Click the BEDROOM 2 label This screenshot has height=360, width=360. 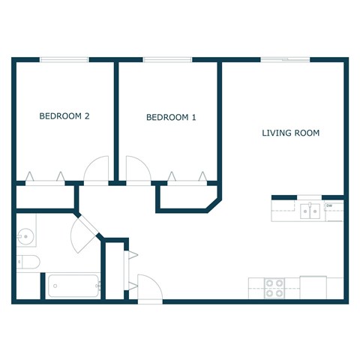click(64, 116)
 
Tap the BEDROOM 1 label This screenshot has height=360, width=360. click(171, 117)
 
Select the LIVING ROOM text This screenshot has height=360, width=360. click(290, 133)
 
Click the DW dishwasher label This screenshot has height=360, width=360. click(328, 204)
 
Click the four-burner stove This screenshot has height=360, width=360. click(274, 288)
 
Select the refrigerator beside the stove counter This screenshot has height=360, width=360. click(313, 287)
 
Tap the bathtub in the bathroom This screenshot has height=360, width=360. click(73, 286)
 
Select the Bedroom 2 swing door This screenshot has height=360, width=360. click(96, 169)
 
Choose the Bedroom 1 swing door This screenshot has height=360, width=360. click(138, 169)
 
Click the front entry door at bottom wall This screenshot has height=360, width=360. click(148, 288)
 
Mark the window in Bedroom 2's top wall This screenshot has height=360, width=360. click(64, 60)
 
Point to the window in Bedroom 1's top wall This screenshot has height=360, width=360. click(167, 60)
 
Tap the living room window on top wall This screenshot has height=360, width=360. click(285, 60)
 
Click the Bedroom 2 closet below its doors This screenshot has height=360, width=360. click(45, 196)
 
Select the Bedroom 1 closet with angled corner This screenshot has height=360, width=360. click(187, 196)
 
